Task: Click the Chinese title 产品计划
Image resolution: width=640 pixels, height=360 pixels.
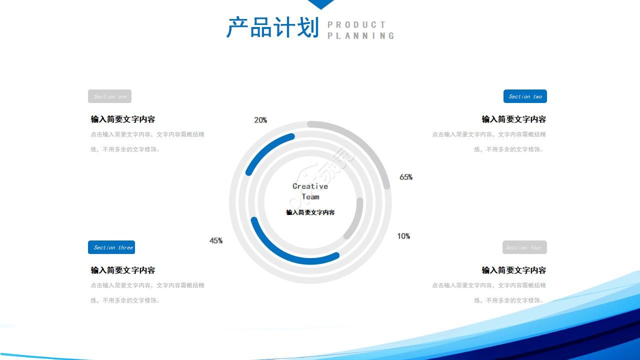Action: coord(272,27)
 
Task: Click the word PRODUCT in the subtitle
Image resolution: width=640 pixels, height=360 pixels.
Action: coord(356,24)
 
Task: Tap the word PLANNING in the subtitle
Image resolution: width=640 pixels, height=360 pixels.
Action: coord(360,35)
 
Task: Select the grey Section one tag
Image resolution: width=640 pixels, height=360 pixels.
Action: coord(109,96)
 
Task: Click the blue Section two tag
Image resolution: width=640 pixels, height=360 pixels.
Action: coord(525,96)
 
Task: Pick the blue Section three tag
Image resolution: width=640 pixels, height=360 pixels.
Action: coord(111,247)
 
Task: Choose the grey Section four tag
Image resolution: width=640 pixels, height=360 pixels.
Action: coord(524,247)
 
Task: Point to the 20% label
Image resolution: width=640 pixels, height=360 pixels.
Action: coord(260,120)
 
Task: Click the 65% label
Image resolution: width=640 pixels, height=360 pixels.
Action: coord(406,177)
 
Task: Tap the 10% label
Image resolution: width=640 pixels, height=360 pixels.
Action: coord(403,236)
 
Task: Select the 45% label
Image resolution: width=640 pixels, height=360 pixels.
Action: coord(216,240)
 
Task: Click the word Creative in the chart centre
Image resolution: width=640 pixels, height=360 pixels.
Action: coord(310,186)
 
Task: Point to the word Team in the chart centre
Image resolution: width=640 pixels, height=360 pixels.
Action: coord(310,196)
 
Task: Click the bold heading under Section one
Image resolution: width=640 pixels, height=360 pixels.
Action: coord(123,119)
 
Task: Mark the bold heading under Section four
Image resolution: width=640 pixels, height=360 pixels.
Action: coord(513,270)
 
